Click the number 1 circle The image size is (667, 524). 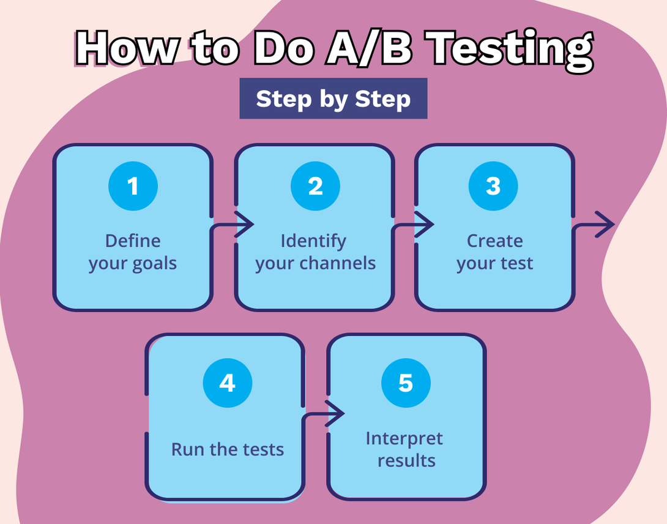[x=133, y=186]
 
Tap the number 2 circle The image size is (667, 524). [x=315, y=186]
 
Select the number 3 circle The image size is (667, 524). [x=493, y=186]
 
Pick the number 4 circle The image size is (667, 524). [x=227, y=383]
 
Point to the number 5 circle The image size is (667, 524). [x=406, y=383]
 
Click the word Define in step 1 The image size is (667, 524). [x=133, y=241]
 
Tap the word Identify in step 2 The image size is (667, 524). [x=313, y=241]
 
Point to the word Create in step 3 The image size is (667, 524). [x=494, y=241]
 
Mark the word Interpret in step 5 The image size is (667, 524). [x=404, y=438]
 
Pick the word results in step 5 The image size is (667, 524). [x=406, y=460]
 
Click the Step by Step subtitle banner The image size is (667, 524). [x=333, y=99]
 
